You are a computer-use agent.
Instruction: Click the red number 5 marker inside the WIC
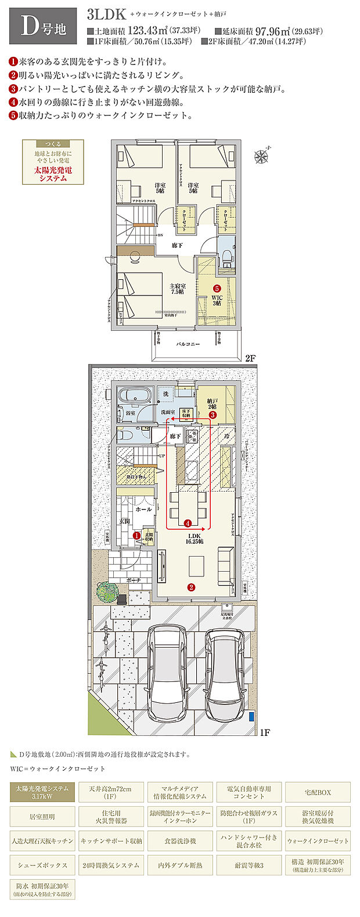pos(217,288)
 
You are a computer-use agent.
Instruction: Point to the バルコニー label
pos(189,344)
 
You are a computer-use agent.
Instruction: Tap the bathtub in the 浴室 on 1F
pos(135,396)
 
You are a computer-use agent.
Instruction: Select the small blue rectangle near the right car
pos(251,716)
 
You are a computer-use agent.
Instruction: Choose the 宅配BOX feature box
pos(317,792)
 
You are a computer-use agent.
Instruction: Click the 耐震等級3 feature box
pos(249,865)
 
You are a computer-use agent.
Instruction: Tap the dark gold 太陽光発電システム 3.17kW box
pos(42,792)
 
